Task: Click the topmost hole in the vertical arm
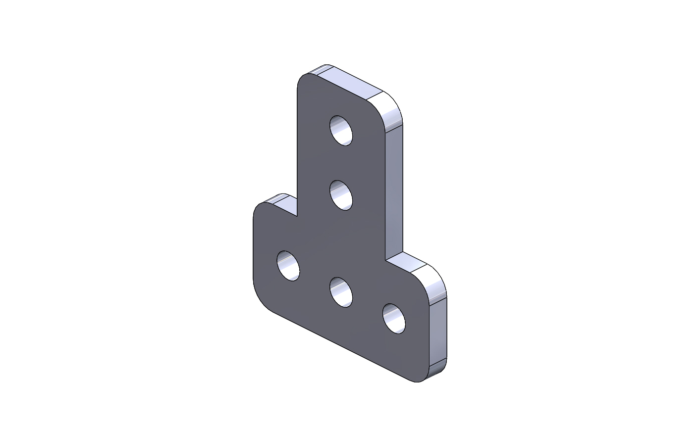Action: coord(341,131)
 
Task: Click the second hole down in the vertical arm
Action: coord(341,195)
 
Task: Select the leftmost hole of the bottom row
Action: coord(288,266)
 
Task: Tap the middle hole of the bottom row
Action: coord(341,292)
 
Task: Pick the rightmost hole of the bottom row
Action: coord(394,318)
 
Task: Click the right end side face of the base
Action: coord(437,331)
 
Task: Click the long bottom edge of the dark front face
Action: coord(342,346)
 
